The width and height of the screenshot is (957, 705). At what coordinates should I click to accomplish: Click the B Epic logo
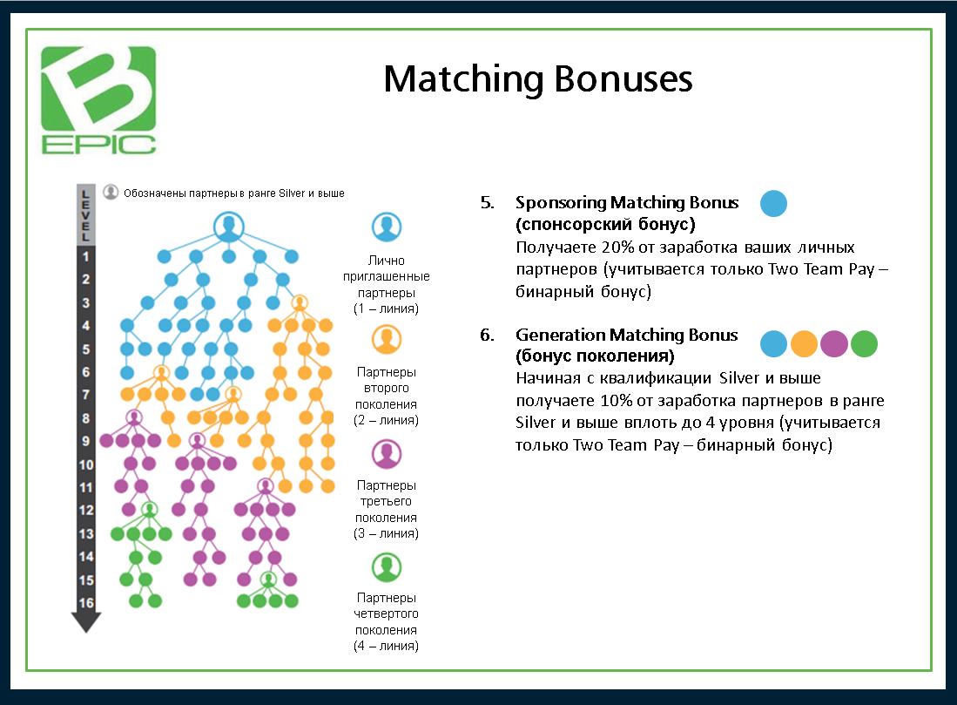[x=98, y=99]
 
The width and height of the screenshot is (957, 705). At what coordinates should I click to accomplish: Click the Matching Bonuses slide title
[x=538, y=79]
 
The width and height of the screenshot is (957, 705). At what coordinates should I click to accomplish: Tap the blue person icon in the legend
[x=386, y=227]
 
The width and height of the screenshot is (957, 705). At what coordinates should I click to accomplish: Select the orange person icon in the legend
[x=386, y=339]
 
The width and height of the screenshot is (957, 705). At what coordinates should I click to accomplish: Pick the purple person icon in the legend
[x=386, y=453]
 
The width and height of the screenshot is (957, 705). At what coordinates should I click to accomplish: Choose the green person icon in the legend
[x=386, y=566]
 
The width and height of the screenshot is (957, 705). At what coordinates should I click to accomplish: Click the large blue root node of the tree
[x=228, y=227]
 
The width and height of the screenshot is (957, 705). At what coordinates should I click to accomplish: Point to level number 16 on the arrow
[x=85, y=602]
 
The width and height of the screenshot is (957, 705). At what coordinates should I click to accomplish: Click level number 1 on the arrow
[x=85, y=256]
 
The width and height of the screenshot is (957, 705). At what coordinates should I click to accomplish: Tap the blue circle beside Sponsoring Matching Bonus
[x=773, y=204]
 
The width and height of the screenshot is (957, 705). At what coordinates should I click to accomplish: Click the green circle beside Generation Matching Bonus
[x=864, y=344]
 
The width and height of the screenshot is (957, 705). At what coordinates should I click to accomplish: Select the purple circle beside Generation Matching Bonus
[x=834, y=344]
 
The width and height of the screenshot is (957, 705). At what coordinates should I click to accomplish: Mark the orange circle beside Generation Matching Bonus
[x=804, y=344]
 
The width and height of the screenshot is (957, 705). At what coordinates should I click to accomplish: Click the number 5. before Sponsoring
[x=487, y=203]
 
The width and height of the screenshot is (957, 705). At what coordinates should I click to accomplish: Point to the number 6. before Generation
[x=487, y=335]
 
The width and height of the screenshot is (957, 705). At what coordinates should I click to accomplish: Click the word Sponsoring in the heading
[x=561, y=203]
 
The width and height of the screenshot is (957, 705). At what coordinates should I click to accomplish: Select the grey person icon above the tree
[x=111, y=193]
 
